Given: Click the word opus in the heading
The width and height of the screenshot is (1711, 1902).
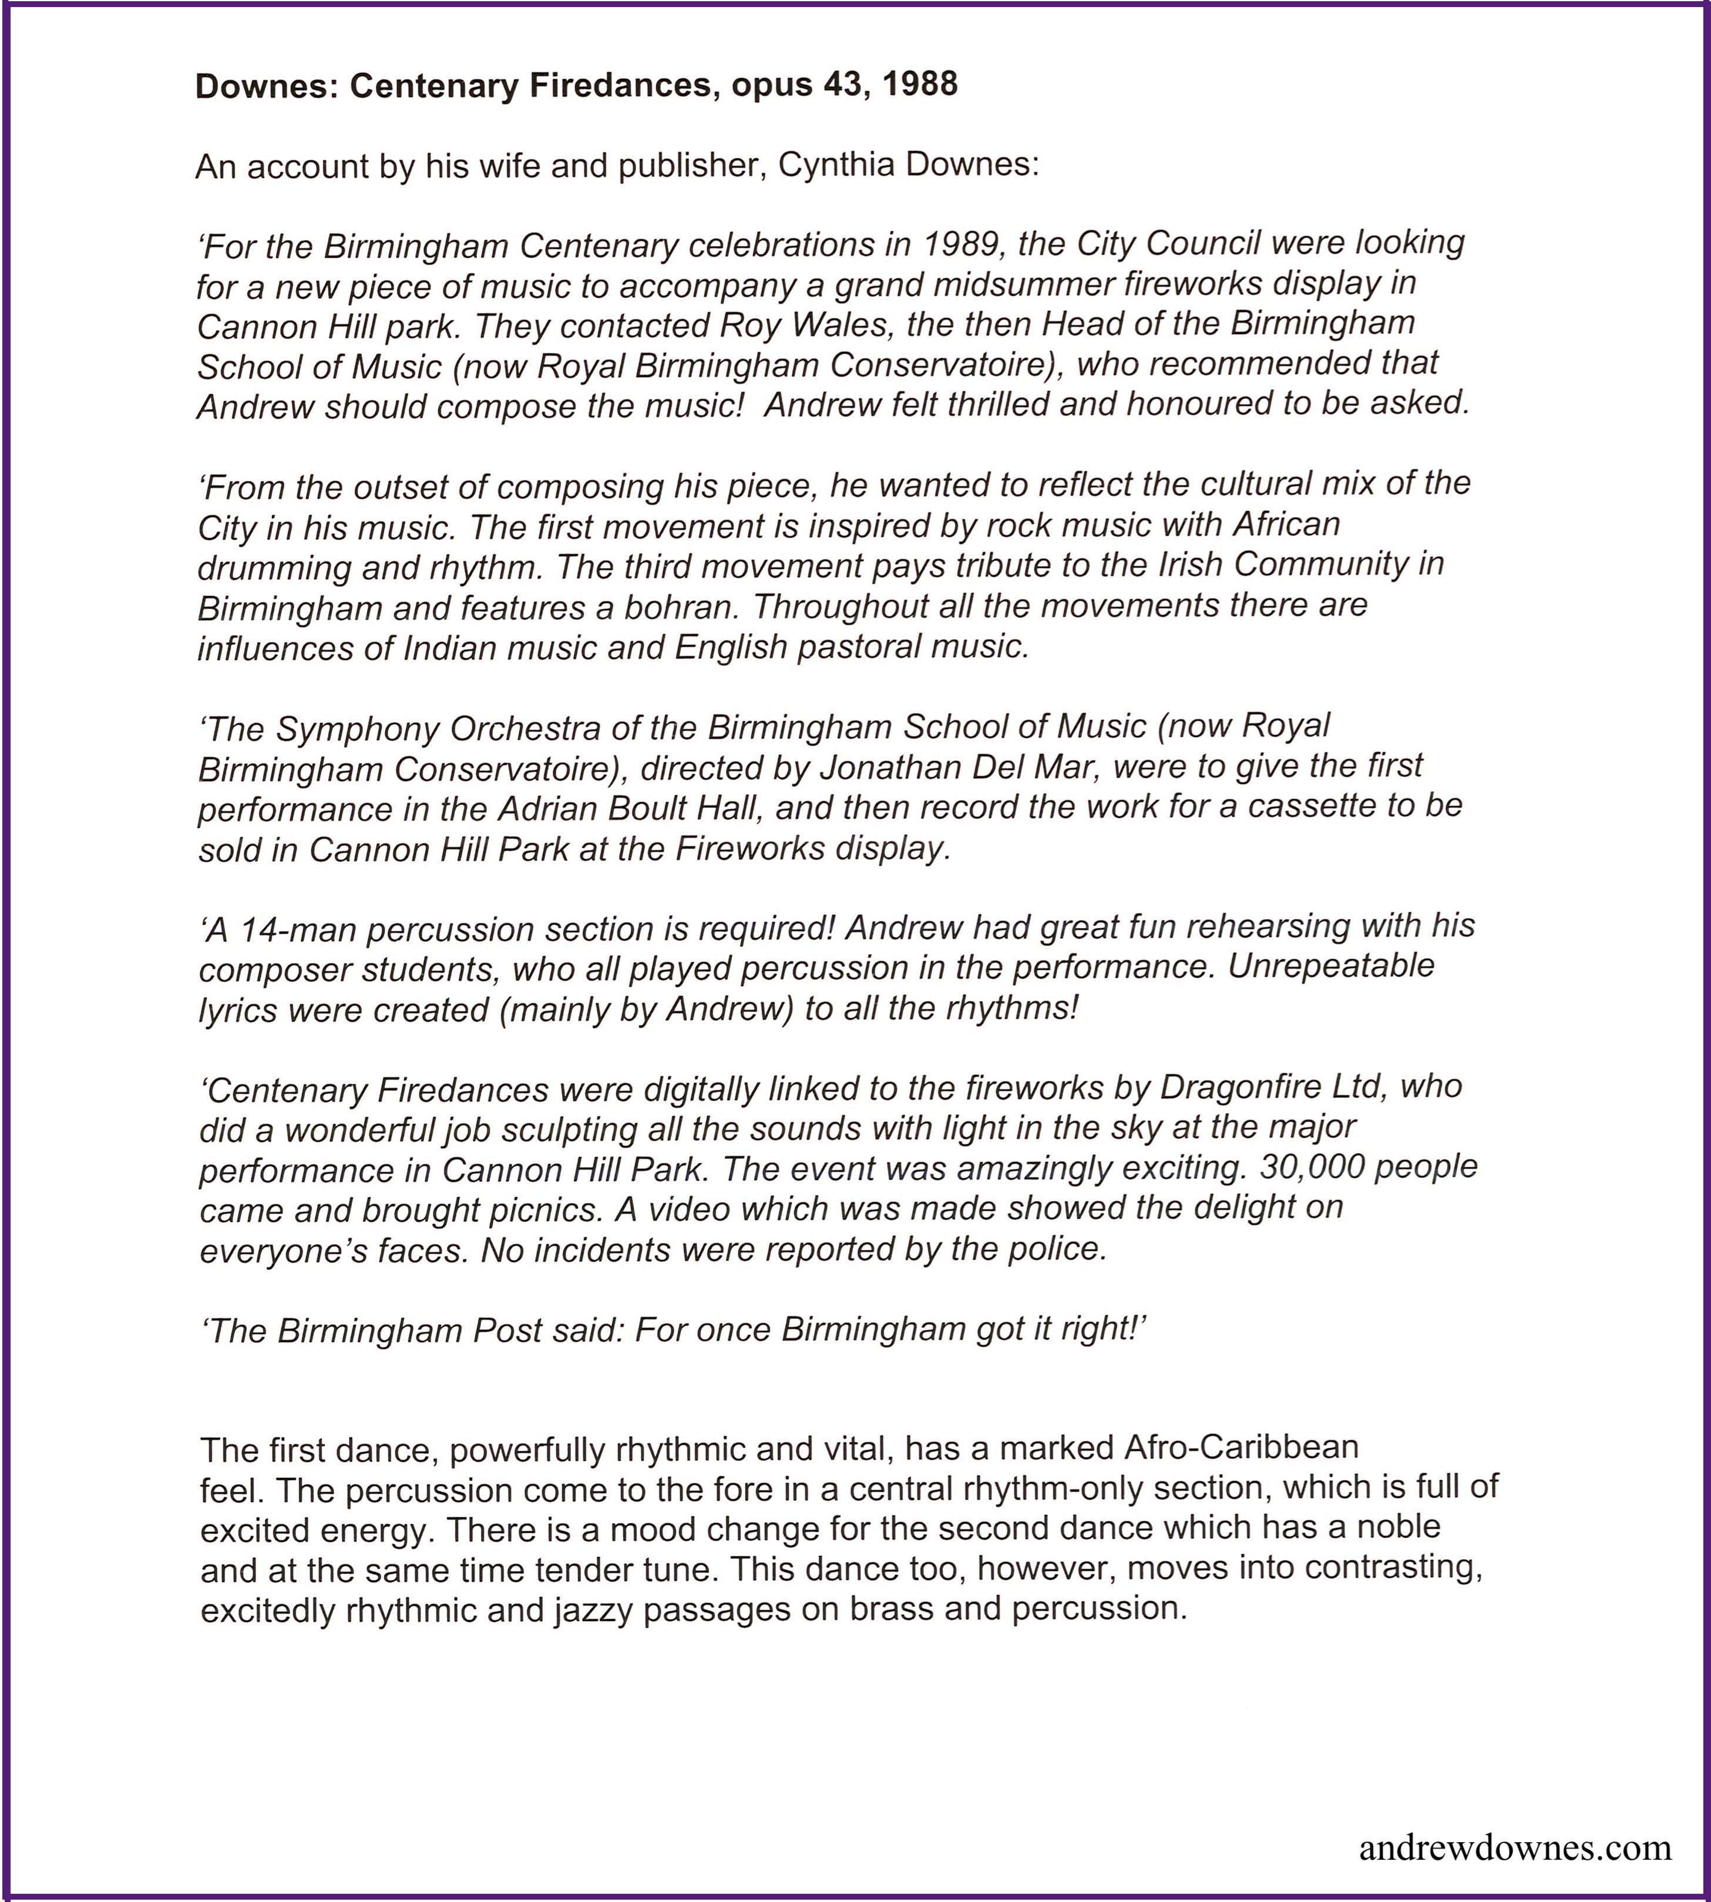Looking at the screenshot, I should coord(773,86).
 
